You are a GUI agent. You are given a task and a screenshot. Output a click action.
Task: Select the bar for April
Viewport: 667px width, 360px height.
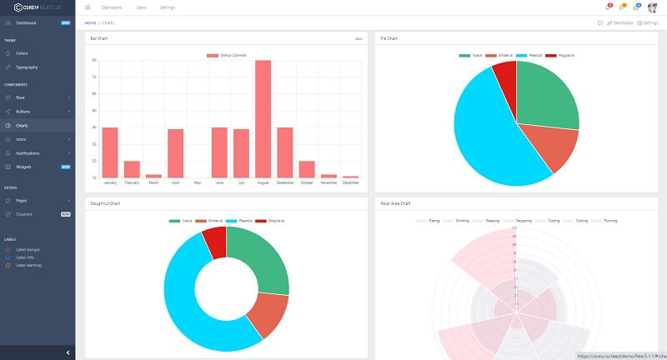[x=175, y=153]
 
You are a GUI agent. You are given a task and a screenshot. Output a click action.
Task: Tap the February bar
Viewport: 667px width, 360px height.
[x=132, y=169]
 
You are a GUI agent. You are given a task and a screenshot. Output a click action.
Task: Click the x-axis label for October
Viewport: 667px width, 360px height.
[x=306, y=182]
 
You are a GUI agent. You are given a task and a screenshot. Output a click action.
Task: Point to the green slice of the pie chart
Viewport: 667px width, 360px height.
[x=546, y=96]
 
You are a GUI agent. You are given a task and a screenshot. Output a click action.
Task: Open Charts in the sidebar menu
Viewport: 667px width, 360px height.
[x=22, y=126]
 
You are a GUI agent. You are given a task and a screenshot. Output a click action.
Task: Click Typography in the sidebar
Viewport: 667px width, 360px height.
[x=27, y=67]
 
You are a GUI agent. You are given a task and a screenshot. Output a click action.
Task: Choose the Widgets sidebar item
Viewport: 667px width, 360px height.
[x=23, y=167]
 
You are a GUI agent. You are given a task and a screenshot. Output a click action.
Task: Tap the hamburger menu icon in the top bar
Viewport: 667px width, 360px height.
[x=88, y=7]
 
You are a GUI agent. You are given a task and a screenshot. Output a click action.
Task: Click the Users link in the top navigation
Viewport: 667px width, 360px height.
[x=141, y=7]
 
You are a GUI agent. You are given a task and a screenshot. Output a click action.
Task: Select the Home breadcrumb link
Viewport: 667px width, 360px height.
[x=90, y=22]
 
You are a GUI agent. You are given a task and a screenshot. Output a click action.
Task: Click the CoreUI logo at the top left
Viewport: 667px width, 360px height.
[x=38, y=7]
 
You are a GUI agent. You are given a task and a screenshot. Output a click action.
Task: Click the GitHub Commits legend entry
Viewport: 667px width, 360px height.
[x=238, y=55]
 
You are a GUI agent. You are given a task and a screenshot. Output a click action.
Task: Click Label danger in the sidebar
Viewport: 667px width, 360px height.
[x=28, y=249]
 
